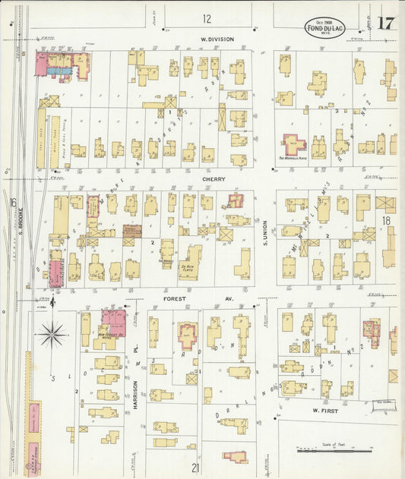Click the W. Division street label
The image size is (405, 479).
click(x=217, y=39)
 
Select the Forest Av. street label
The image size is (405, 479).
click(x=179, y=299)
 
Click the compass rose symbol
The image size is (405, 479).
click(x=52, y=331)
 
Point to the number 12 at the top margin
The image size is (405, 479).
click(x=207, y=18)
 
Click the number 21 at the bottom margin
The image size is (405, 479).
click(x=195, y=468)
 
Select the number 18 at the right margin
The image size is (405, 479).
click(x=386, y=220)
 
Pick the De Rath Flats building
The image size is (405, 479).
click(x=190, y=262)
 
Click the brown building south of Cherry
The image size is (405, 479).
click(x=132, y=231)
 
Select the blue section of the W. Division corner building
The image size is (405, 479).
click(x=59, y=71)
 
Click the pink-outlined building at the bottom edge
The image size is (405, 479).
click(x=235, y=457)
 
